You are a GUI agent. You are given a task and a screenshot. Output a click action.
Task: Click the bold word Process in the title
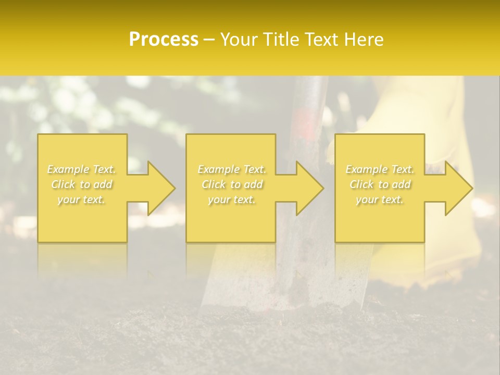164,40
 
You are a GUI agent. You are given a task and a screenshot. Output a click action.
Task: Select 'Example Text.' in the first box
82,169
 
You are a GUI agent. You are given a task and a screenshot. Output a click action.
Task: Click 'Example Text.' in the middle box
232,169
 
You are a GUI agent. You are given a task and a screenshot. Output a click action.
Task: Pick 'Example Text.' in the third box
380,169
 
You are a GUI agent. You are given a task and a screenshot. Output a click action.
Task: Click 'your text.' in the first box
82,199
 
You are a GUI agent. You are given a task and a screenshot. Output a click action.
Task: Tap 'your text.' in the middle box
232,199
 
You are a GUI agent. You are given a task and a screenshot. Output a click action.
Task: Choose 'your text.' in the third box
380,199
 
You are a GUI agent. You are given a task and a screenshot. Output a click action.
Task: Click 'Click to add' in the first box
82,184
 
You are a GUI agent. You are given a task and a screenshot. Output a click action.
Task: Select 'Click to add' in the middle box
232,184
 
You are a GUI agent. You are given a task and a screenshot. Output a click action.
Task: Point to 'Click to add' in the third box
380,184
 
